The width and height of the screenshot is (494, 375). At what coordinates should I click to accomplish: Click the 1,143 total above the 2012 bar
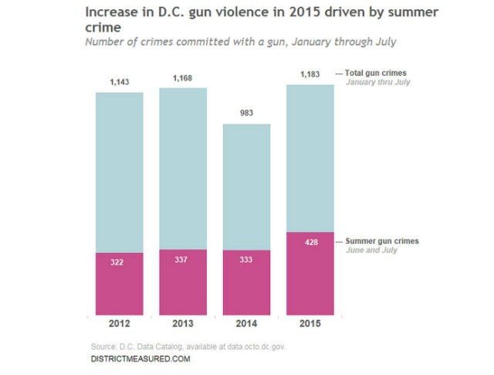(x=120, y=82)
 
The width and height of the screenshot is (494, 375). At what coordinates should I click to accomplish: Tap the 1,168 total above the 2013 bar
(x=183, y=78)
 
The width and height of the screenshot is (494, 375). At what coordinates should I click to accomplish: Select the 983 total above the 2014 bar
(x=247, y=113)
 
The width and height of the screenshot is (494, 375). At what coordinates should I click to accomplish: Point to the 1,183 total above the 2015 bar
(x=310, y=74)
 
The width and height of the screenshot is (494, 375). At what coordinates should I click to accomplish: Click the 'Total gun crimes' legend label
(x=375, y=73)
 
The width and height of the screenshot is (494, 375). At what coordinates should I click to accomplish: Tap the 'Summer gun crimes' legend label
(x=381, y=241)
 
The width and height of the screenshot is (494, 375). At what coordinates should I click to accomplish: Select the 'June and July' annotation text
(x=368, y=250)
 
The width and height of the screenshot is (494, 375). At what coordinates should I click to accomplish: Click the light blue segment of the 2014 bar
(x=247, y=186)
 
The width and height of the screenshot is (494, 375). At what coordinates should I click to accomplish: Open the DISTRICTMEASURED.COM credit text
(x=140, y=360)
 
